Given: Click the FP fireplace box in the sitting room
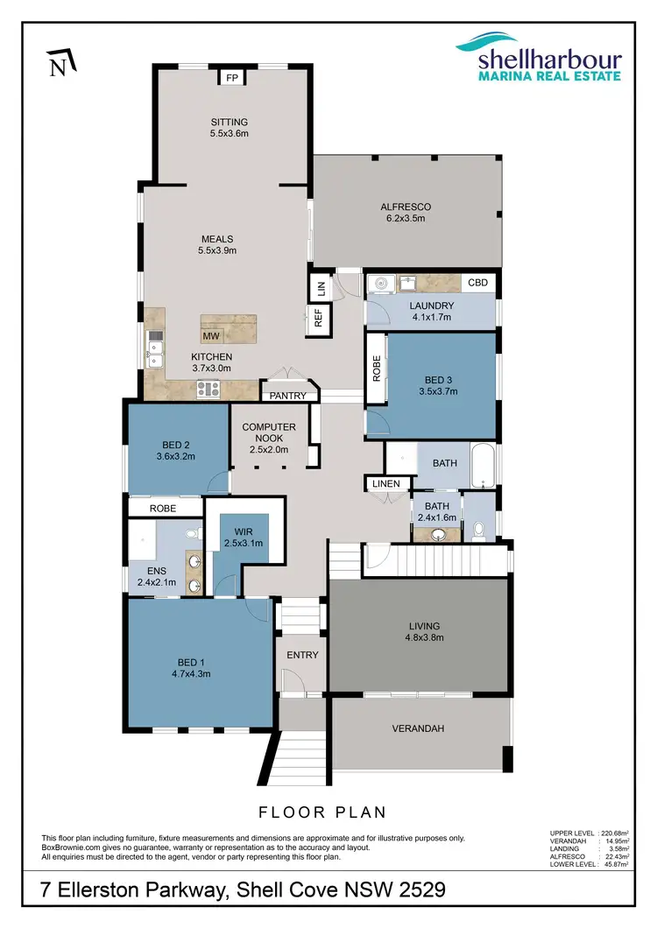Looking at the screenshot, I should pyautogui.click(x=232, y=78).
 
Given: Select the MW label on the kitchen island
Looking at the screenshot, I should pyautogui.click(x=210, y=335).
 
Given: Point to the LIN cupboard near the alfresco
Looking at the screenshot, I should pyautogui.click(x=320, y=285).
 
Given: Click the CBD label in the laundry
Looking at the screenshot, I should pyautogui.click(x=477, y=283).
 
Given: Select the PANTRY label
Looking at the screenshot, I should pyautogui.click(x=288, y=396).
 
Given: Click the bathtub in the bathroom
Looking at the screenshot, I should pyautogui.click(x=483, y=465).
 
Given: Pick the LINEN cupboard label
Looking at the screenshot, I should pyautogui.click(x=385, y=483).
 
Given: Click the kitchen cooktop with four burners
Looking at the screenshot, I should pyautogui.click(x=210, y=390).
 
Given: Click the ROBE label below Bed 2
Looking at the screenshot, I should pyautogui.click(x=163, y=508).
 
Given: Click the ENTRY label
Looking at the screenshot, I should pyautogui.click(x=303, y=655).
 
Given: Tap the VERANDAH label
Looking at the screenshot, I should pyautogui.click(x=419, y=728).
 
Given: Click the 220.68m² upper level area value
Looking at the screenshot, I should pyautogui.click(x=617, y=833).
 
